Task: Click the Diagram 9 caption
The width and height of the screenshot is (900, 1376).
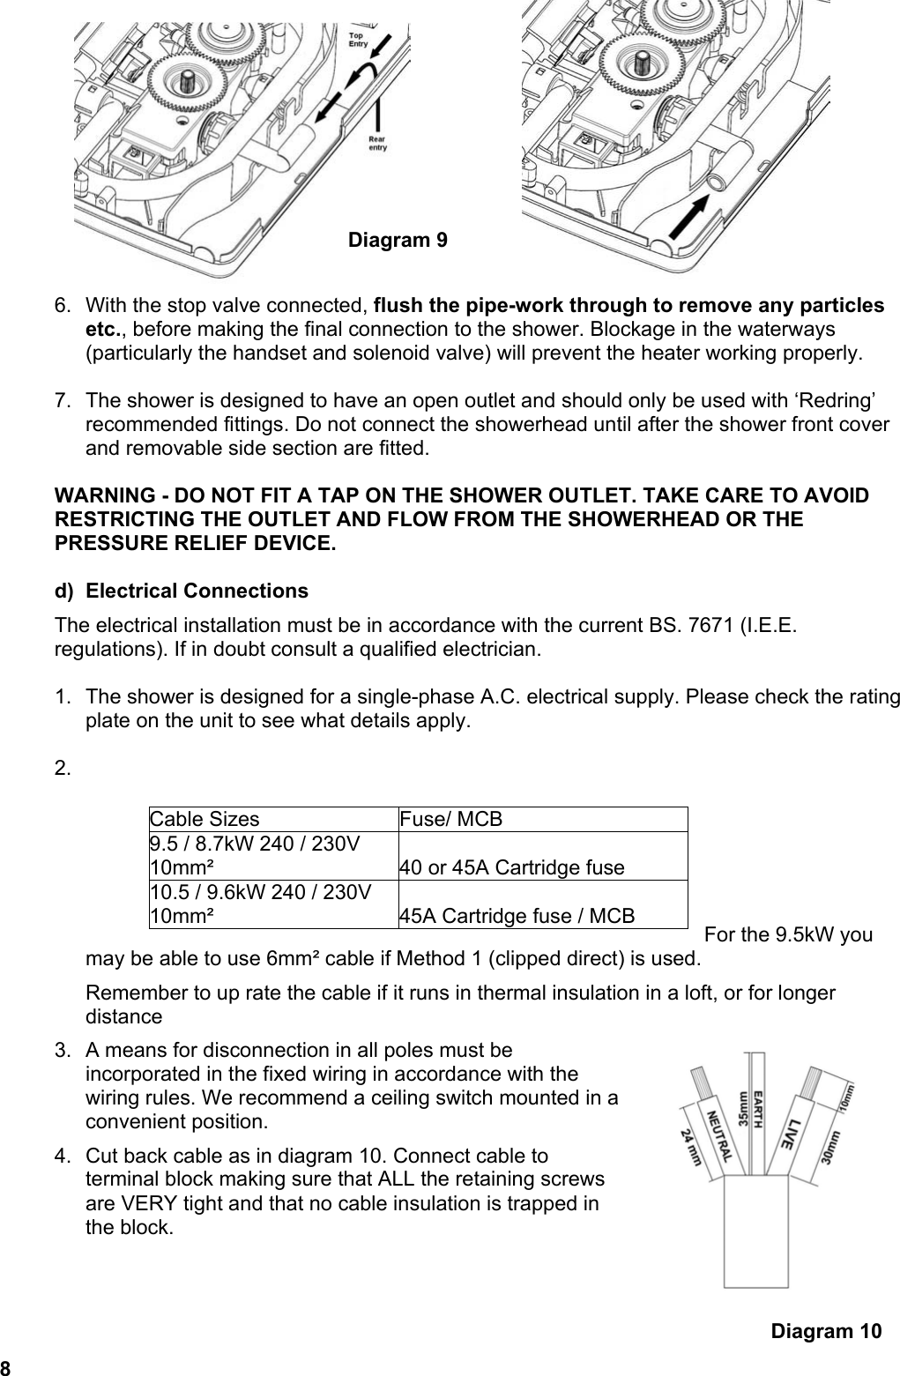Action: click(x=397, y=240)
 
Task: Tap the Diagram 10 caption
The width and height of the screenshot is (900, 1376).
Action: click(x=825, y=1330)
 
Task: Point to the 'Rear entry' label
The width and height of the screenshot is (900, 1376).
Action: click(x=376, y=143)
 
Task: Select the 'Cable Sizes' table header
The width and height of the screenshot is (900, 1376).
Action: click(x=205, y=819)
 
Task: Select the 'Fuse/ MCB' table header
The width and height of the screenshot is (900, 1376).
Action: click(x=450, y=819)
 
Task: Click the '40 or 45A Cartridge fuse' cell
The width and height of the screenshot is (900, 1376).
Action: click(x=511, y=867)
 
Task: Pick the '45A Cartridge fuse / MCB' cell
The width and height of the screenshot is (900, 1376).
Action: click(x=517, y=916)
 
